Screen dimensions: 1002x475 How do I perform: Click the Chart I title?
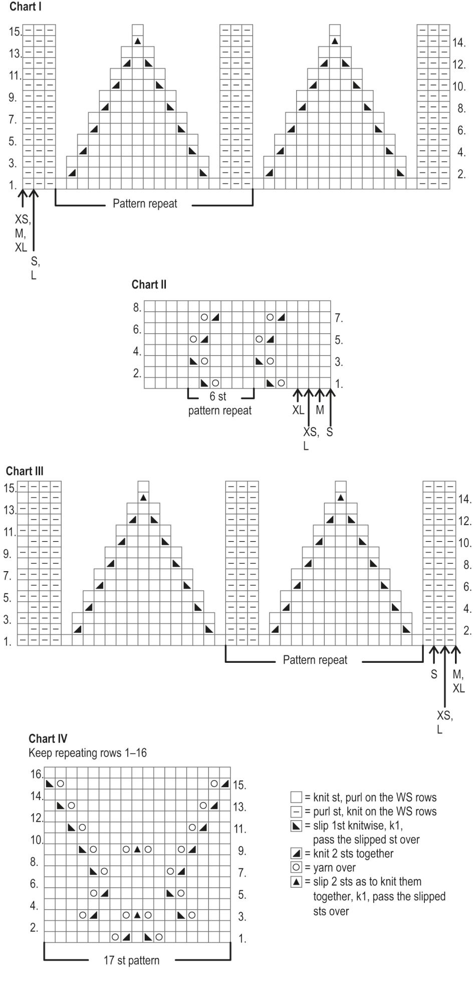coord(26,7)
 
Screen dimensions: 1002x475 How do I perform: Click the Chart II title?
coord(149,285)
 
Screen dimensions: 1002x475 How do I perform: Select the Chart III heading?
coord(25,471)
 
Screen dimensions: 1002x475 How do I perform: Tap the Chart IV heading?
coord(48,738)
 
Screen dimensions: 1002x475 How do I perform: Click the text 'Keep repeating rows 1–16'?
coord(88,753)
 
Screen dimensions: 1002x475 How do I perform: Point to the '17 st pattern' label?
coord(132,960)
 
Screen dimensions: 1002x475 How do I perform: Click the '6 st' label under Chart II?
coord(218,396)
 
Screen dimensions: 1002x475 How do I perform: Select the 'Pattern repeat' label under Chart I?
coord(145,203)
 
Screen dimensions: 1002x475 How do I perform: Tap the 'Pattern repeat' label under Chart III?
coord(315,660)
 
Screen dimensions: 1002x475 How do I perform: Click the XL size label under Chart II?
coord(298,410)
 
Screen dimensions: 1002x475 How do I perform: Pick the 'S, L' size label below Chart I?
coord(34,268)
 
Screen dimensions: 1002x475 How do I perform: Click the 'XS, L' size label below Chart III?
coord(444,722)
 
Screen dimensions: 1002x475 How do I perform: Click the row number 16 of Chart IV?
coord(37,775)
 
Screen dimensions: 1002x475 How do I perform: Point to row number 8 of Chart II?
coord(137,308)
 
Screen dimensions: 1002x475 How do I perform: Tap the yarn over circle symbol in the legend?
coord(297,867)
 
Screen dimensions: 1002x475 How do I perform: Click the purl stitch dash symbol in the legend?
coord(297,811)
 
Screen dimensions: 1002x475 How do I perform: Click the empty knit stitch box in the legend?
coord(297,797)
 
